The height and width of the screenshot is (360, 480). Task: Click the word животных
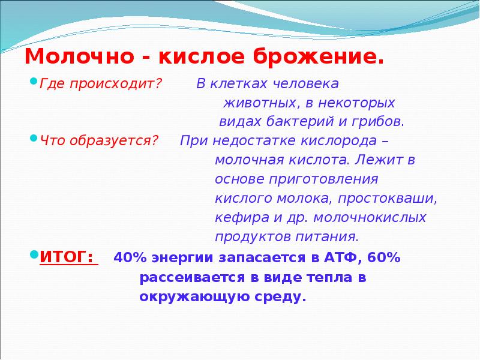pos(250,103)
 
